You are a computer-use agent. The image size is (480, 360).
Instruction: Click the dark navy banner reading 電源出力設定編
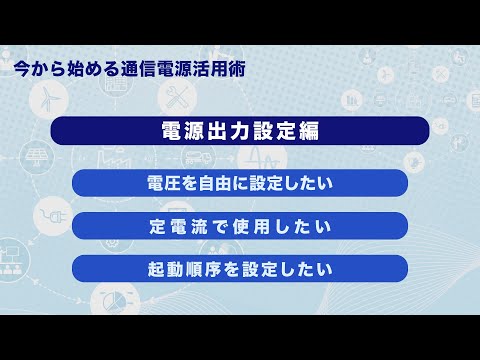240,132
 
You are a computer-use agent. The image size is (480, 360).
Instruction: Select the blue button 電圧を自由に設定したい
240,183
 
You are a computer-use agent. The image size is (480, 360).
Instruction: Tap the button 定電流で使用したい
240,226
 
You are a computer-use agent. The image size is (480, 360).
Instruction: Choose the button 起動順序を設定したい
240,269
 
